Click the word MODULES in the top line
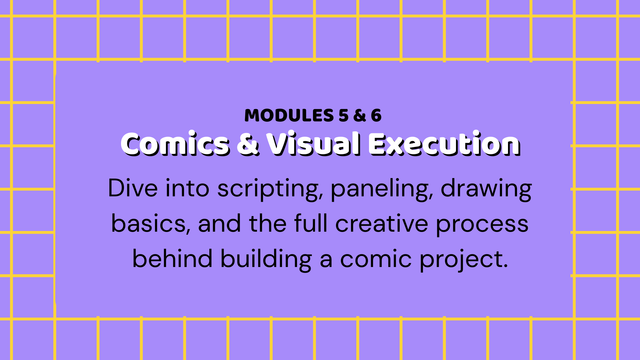click(289, 116)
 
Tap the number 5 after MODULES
click(343, 116)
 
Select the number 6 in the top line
click(376, 116)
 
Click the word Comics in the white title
click(175, 144)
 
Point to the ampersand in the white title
click(248, 144)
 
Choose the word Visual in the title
click(313, 144)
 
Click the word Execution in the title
click(444, 144)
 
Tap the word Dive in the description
click(133, 189)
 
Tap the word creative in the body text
click(382, 224)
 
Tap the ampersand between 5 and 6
click(360, 116)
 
